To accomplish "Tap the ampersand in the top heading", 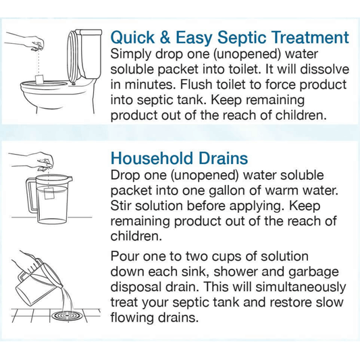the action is point(165,37).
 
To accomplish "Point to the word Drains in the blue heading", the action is point(223,159).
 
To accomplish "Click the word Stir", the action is point(121,206).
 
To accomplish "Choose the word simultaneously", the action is point(301,288).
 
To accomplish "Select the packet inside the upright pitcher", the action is point(49,194).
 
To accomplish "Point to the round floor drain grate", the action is point(66,316).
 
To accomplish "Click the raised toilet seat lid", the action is point(74,56).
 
